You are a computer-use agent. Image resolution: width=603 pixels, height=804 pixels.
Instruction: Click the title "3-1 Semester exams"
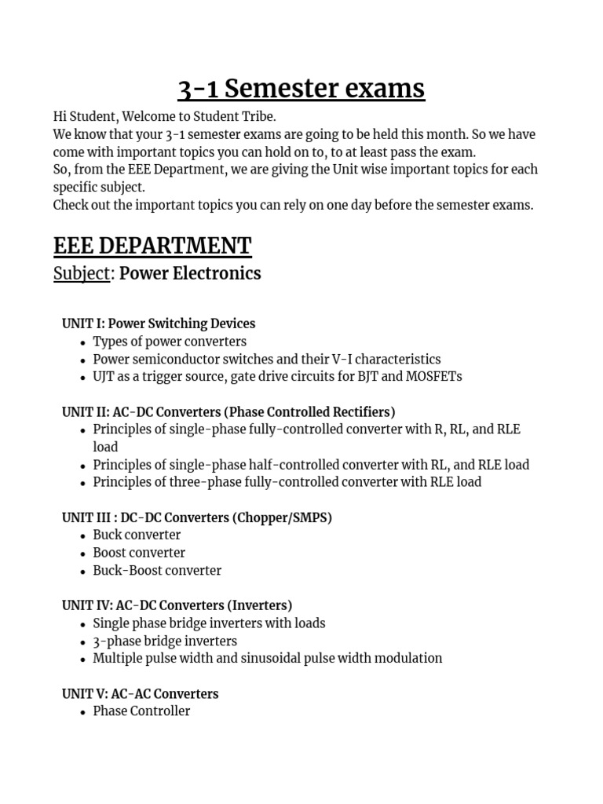pos(301,89)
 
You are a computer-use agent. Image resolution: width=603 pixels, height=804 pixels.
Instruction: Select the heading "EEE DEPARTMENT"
pos(152,246)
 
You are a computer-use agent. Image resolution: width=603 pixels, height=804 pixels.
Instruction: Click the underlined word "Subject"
pos(82,273)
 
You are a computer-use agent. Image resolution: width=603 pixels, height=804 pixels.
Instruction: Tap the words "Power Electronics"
pos(190,273)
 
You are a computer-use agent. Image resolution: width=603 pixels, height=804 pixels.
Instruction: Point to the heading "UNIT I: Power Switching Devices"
pos(159,323)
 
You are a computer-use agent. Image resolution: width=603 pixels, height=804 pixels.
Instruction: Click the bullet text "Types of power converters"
pos(170,342)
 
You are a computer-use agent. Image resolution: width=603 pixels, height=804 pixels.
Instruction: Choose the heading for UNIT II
pos(228,411)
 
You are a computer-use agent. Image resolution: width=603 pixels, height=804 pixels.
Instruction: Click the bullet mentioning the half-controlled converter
pos(311,464)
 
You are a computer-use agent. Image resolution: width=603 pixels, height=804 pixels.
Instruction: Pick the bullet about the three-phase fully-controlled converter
pos(287,482)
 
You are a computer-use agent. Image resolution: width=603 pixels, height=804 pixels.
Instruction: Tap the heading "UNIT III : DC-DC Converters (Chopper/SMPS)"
pos(197,517)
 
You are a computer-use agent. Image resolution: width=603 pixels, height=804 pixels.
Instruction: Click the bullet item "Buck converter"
pos(137,535)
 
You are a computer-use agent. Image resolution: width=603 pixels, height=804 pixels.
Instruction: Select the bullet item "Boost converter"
pos(139,552)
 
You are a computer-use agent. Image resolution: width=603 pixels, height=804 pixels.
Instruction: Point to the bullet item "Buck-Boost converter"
pos(157,570)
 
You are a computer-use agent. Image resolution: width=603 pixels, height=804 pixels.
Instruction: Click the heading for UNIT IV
pos(177,605)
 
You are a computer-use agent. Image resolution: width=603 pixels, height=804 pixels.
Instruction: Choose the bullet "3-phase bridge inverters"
pos(165,641)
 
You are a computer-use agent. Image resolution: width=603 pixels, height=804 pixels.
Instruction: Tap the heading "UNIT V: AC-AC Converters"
pos(141,693)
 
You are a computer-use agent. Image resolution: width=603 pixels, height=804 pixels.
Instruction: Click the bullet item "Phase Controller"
pos(141,711)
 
